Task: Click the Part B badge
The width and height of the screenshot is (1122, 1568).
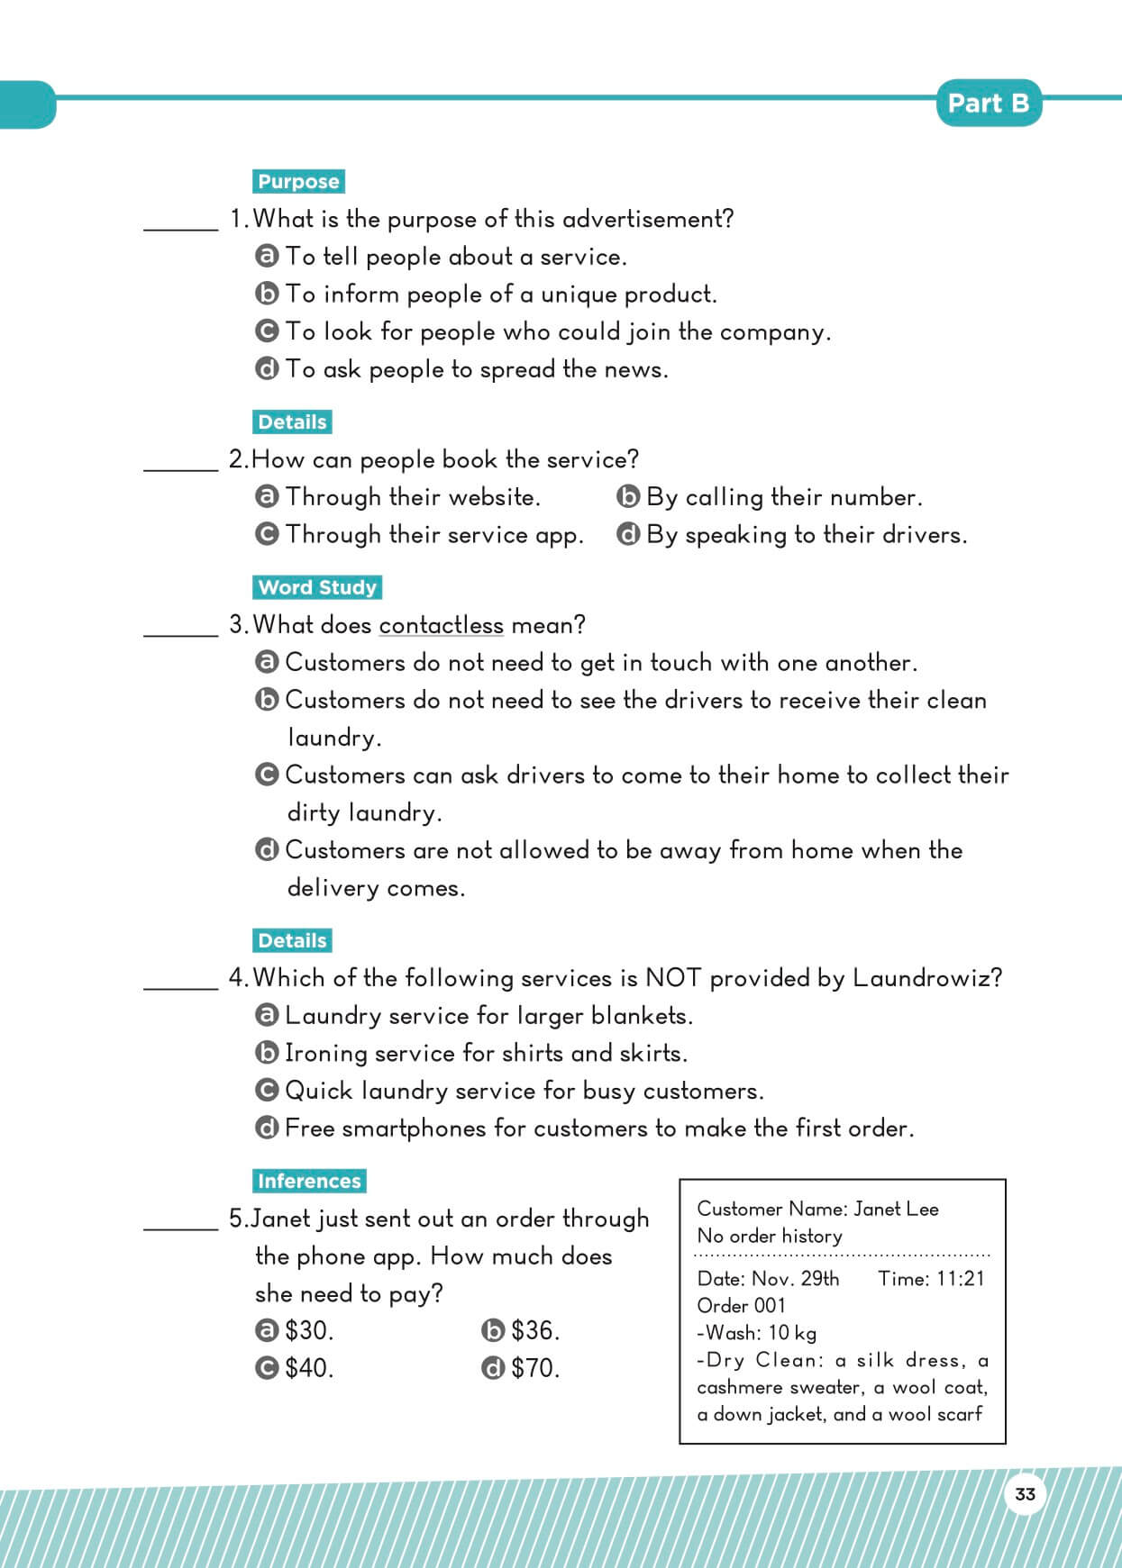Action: pos(988,104)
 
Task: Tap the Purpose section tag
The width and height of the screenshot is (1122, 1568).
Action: pos(298,181)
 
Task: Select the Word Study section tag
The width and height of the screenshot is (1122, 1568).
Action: pos(317,587)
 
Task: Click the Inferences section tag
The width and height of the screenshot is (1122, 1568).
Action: pos(309,1181)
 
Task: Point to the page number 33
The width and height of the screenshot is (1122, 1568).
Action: pos(1025,1494)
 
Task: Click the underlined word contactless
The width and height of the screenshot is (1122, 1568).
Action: pos(441,625)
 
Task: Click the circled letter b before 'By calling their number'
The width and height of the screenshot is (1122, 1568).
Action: pos(628,497)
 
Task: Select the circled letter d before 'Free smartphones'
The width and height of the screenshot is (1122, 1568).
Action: pos(267,1128)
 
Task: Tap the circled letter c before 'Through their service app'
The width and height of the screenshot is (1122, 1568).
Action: pos(267,535)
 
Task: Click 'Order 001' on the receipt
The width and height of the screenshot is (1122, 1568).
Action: pos(741,1306)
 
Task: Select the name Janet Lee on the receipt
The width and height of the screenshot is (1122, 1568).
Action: pos(896,1209)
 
